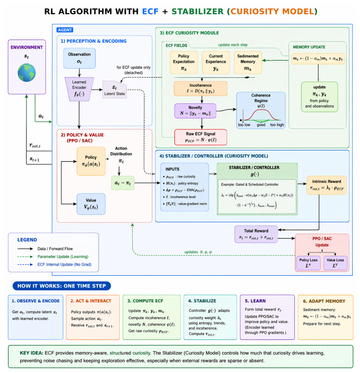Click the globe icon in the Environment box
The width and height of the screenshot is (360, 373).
point(27,73)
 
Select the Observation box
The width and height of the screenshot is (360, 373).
point(79,58)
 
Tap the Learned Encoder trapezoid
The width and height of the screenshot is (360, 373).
point(79,89)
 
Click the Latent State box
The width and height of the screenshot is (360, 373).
point(115,90)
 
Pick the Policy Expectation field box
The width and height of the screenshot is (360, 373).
point(184,63)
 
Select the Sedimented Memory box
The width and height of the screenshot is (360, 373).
point(248,63)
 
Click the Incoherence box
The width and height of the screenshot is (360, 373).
point(201,89)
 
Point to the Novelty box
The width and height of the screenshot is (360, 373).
point(195,111)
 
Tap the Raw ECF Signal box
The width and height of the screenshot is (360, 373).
point(201,137)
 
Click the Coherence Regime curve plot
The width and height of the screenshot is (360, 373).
point(261,111)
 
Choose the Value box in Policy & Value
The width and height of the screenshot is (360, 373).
point(91,204)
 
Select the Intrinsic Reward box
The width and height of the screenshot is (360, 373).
point(327,185)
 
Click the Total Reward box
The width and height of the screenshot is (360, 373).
point(256,234)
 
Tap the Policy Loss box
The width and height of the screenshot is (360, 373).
point(308,263)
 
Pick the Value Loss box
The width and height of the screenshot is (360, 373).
point(335,263)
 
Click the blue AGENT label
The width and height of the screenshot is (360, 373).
point(65,30)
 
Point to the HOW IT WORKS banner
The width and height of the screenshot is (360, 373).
point(62,286)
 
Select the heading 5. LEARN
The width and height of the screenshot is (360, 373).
point(255,301)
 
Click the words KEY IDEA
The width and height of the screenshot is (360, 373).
point(31,353)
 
